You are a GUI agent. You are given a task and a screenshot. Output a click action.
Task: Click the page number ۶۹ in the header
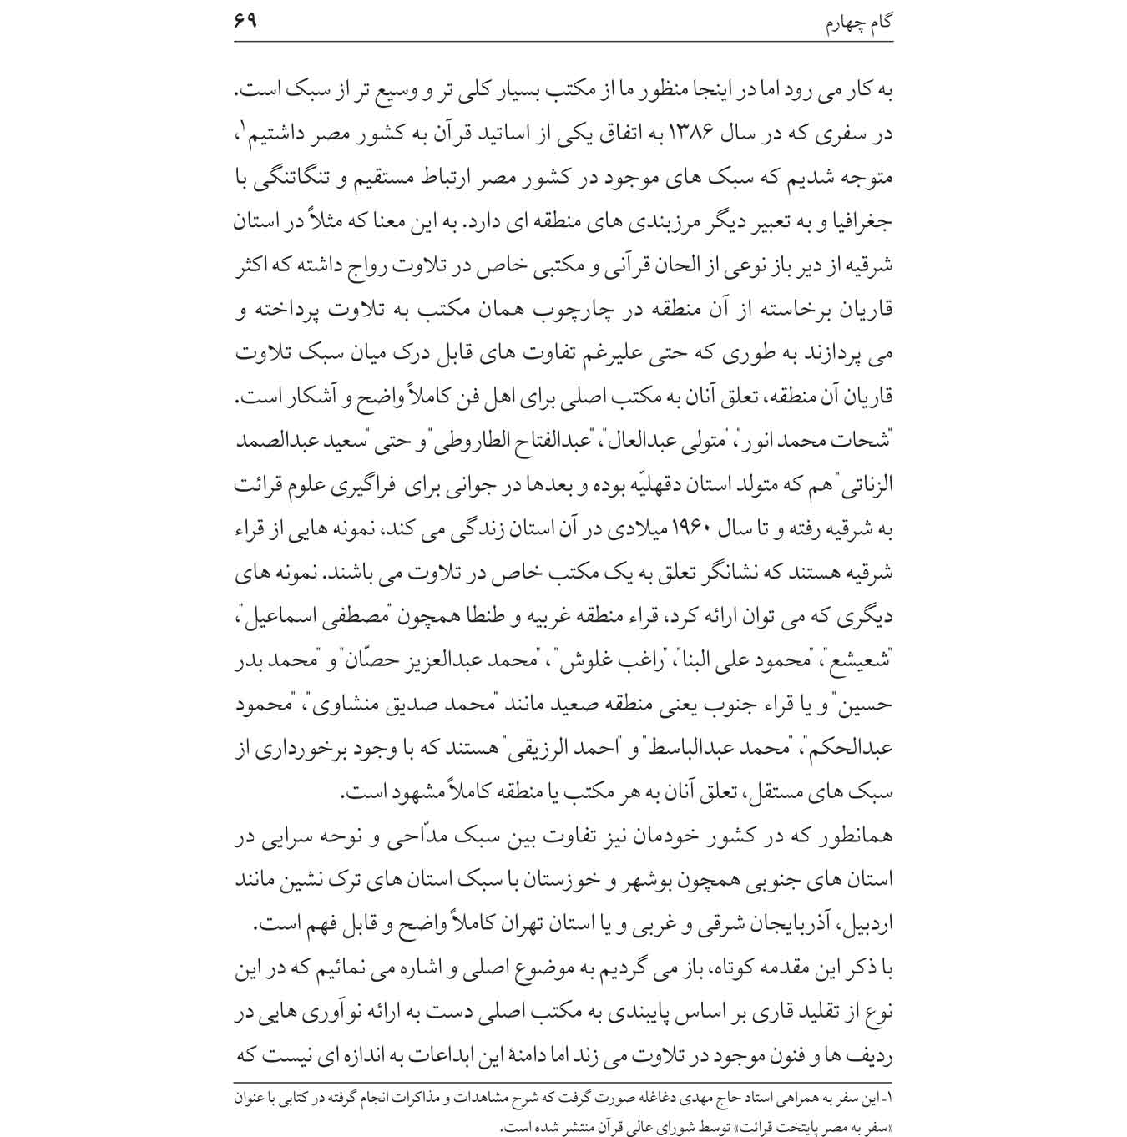tap(245, 18)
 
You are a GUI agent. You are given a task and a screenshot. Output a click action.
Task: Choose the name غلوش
tap(580, 662)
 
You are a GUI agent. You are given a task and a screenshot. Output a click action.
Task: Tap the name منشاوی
tap(332, 705)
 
